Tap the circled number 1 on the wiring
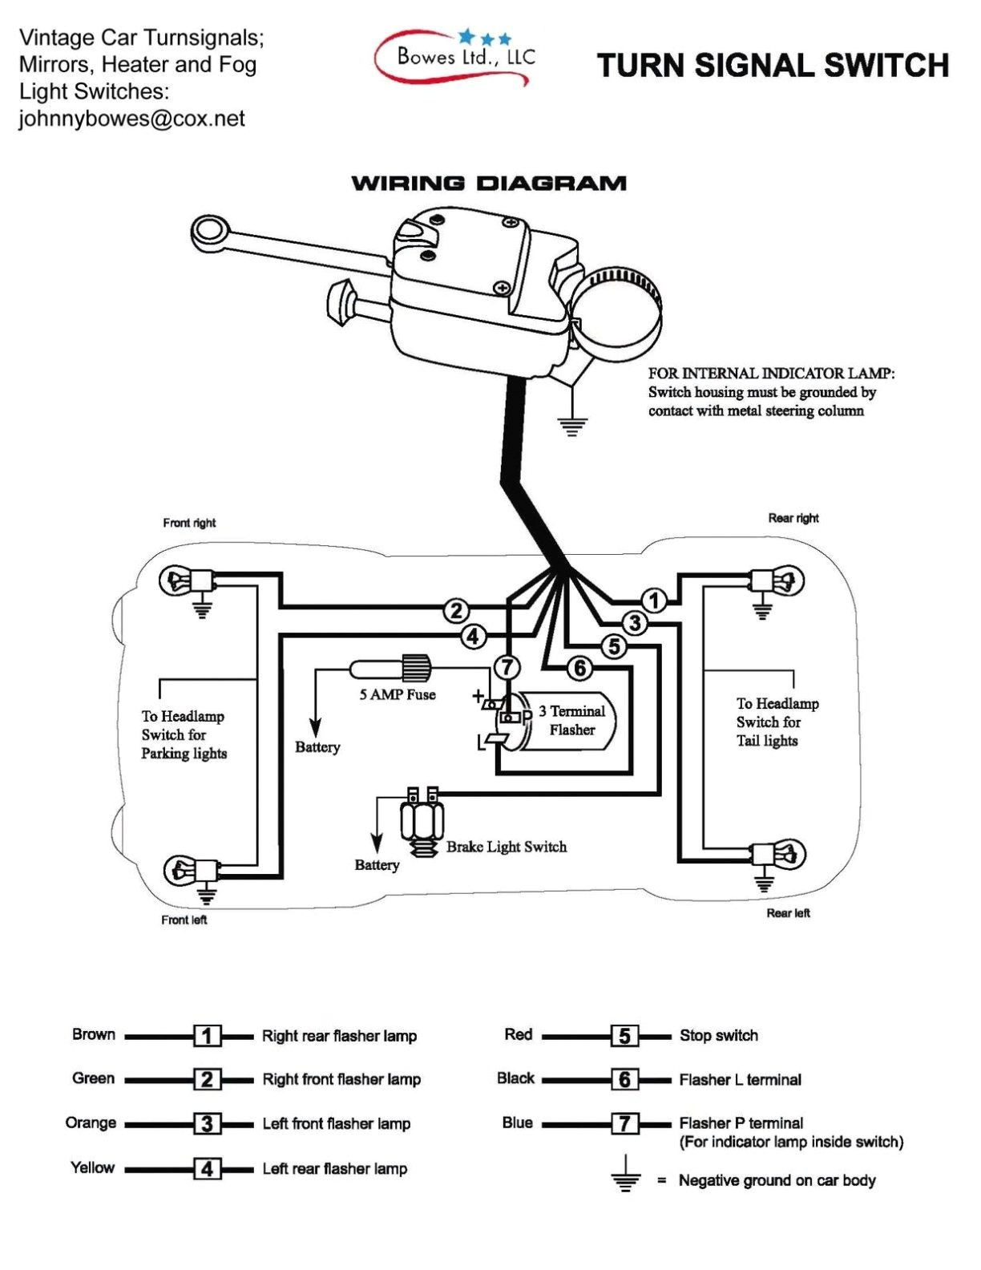click(654, 601)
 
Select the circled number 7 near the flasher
click(507, 667)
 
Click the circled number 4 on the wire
click(474, 637)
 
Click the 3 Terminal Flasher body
click(571, 721)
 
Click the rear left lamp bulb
click(789, 855)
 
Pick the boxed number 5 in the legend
click(624, 1036)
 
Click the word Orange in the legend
click(91, 1122)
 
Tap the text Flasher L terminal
click(740, 1080)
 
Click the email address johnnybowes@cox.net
click(132, 119)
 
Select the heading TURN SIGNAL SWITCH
click(773, 66)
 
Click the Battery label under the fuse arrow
click(317, 747)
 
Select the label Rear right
click(793, 518)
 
